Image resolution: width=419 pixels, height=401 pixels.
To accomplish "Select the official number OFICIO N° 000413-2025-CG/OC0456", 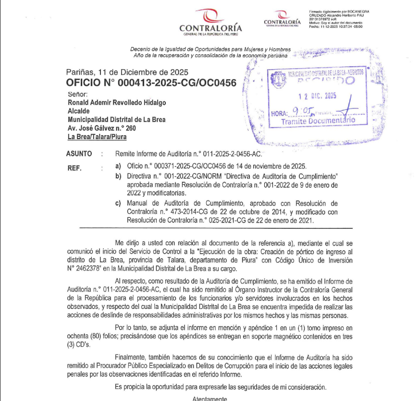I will (x=151, y=83).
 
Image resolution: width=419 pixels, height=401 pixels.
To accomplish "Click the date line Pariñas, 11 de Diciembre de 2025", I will (x=127, y=72).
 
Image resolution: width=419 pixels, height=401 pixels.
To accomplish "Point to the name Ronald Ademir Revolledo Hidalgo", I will (x=117, y=102).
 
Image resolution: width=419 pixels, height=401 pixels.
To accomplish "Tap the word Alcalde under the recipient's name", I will (x=79, y=111).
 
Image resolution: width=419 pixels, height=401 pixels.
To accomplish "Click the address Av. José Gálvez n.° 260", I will (x=102, y=128).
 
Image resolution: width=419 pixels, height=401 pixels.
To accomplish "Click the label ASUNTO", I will (x=78, y=154).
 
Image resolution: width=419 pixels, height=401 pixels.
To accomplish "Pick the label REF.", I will (x=75, y=168).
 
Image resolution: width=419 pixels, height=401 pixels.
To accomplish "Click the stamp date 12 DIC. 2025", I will (x=317, y=96).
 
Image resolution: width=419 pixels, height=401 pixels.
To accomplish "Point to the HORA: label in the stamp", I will (x=279, y=114).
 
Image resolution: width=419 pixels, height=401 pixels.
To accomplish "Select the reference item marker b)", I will (x=118, y=176).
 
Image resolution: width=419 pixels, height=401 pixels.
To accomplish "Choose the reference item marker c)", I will (x=118, y=203).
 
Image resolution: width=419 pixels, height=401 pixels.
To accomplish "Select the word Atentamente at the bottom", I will (x=209, y=398).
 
